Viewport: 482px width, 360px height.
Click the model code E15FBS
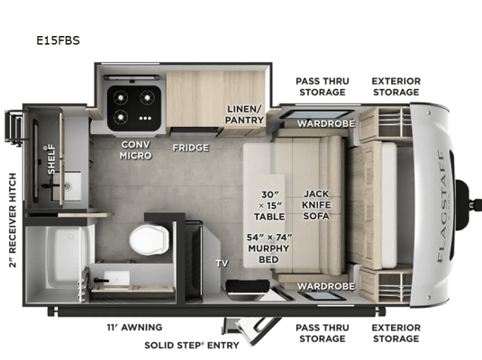tap(58, 40)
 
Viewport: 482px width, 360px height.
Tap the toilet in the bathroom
tap(150, 239)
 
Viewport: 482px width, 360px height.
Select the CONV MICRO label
tap(135, 150)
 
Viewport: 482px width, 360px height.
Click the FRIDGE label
tap(191, 148)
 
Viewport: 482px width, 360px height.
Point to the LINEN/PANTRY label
tap(244, 114)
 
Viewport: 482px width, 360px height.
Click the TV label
tap(222, 263)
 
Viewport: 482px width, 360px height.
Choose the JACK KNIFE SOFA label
tap(316, 205)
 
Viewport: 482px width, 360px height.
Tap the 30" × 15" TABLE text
tap(269, 205)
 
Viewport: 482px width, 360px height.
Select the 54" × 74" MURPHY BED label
tap(269, 248)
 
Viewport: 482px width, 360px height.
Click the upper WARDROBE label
tap(326, 123)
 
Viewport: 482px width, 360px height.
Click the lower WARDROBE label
tap(326, 286)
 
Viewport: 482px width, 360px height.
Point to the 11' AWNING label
tap(134, 328)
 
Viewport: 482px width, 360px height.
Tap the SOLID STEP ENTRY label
tap(192, 346)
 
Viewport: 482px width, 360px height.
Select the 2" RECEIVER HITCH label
tap(13, 220)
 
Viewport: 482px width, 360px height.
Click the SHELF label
tap(51, 159)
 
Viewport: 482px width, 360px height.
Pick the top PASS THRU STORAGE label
tap(323, 86)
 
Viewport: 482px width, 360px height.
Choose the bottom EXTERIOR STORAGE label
tap(396, 333)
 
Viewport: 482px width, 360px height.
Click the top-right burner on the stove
tap(147, 98)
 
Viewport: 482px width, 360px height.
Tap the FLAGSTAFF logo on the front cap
tap(441, 206)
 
